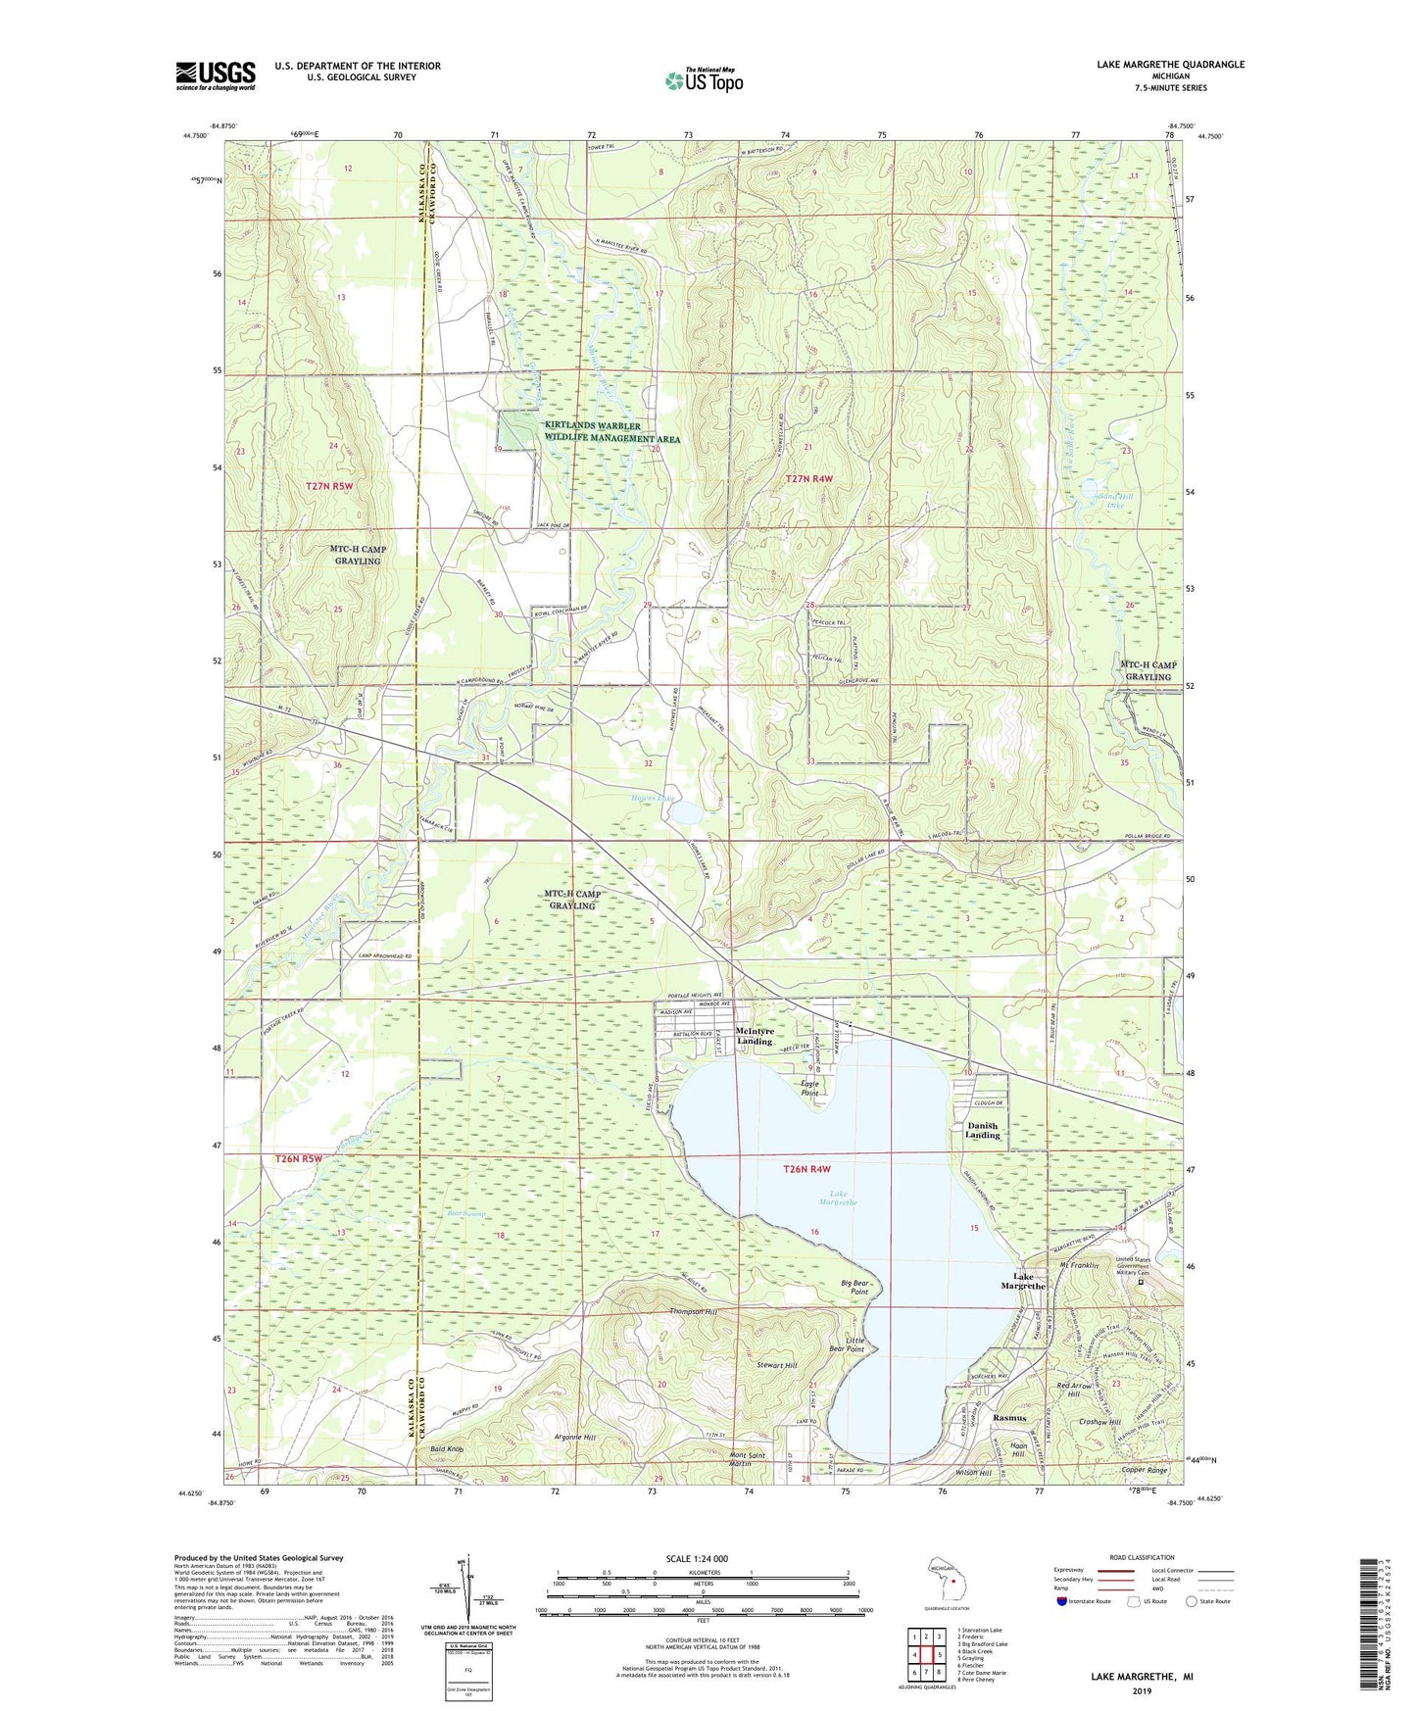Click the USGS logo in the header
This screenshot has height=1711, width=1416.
tap(216, 75)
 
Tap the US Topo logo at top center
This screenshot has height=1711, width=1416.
tap(704, 80)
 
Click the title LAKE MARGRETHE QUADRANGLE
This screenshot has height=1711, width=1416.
tap(1170, 65)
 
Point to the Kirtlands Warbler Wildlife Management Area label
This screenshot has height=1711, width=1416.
tap(611, 432)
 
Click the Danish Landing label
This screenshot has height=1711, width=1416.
tap(983, 1131)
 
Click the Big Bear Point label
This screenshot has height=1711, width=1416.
tap(854, 1287)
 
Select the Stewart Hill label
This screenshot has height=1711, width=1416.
tap(777, 1365)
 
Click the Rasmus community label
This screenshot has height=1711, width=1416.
tap(1009, 1418)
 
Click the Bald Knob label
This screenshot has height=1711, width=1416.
tap(447, 1448)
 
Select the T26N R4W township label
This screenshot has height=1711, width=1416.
tap(807, 1169)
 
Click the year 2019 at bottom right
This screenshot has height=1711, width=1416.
tap(1142, 1690)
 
